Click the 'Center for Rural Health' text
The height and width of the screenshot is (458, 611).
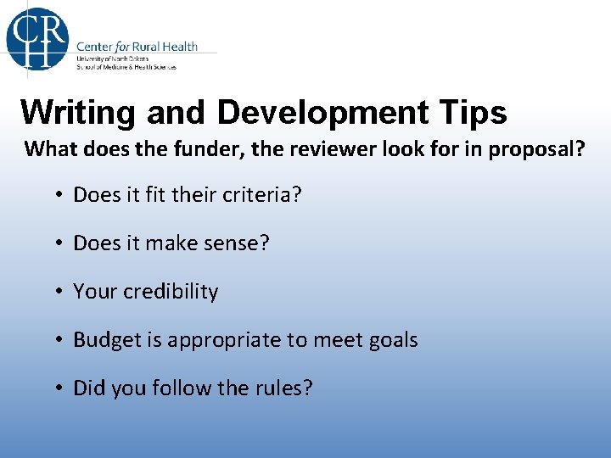137,46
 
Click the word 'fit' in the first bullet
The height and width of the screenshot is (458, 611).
154,194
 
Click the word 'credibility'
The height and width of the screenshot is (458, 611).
171,292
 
